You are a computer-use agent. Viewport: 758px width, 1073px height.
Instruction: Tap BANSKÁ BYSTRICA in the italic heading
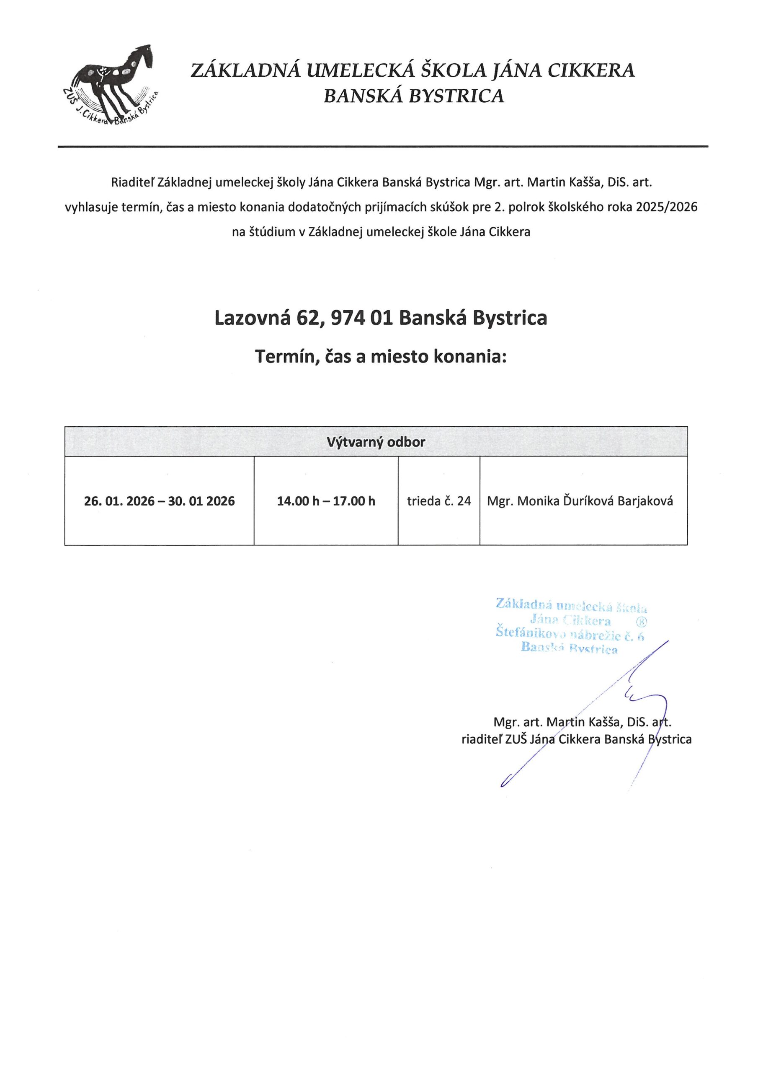coord(414,96)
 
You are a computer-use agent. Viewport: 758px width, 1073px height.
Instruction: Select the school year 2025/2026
coord(666,207)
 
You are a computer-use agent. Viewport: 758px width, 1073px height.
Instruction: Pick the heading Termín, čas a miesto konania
coord(381,357)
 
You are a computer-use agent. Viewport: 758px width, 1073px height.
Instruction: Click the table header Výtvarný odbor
coord(376,442)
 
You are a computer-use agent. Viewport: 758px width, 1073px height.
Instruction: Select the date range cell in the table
coord(159,501)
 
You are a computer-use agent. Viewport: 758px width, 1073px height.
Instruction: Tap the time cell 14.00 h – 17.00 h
coord(326,501)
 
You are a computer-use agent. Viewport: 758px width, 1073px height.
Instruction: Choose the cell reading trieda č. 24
coord(439,501)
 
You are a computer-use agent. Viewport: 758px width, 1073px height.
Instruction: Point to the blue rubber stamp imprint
coord(570,627)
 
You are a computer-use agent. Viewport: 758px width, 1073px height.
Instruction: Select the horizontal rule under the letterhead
coord(383,147)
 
